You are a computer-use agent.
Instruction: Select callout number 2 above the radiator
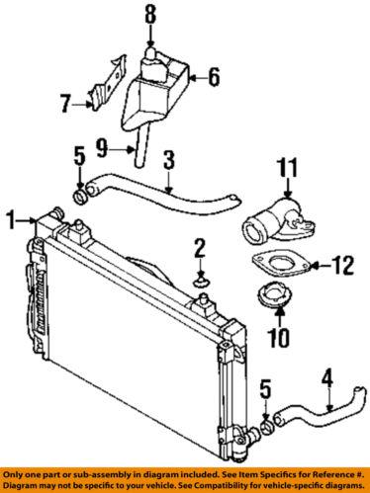[199, 247]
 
